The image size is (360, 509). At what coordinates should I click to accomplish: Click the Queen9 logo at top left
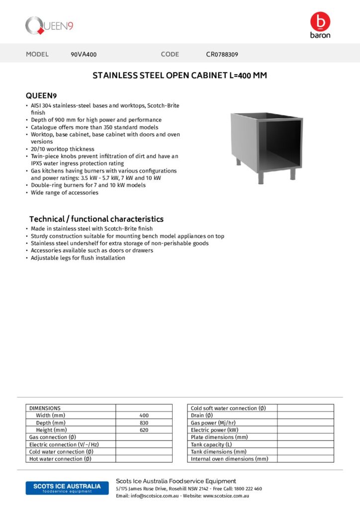(x=49, y=25)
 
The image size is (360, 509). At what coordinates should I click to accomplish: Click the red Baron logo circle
(x=320, y=22)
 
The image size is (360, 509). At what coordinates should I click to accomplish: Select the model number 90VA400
(x=84, y=54)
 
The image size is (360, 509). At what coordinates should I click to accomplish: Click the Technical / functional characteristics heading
(x=96, y=219)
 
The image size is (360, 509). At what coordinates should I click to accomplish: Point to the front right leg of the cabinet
(x=292, y=174)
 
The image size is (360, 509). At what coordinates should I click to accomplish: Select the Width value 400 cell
(x=144, y=416)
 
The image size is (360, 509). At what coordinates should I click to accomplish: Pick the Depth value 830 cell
(x=144, y=423)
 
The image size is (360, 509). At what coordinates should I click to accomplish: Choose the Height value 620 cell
(x=144, y=430)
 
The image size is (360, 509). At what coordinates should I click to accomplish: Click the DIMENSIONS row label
(x=45, y=408)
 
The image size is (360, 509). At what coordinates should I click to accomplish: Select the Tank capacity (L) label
(x=211, y=444)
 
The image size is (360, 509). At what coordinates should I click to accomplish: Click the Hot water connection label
(x=60, y=459)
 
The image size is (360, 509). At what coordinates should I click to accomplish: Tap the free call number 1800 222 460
(x=248, y=489)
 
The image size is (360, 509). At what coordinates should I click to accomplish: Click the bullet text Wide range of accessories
(x=64, y=192)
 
